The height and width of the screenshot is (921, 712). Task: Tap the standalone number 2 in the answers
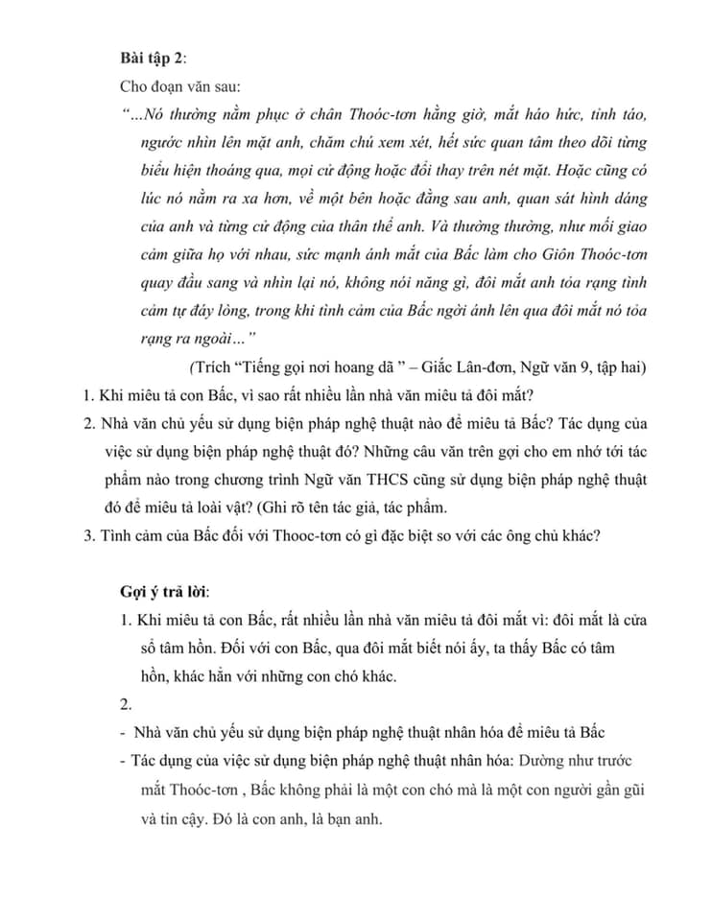[126, 704]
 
